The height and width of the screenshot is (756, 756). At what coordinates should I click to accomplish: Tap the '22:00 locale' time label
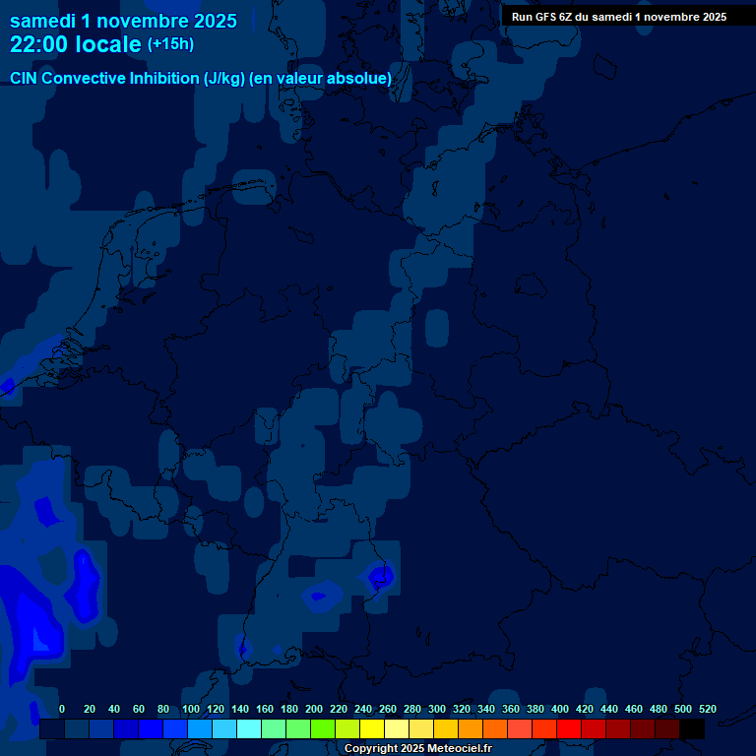pos(76,44)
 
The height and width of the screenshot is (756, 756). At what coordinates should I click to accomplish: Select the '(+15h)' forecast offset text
pos(170,44)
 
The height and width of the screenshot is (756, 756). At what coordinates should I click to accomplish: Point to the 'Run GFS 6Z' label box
pos(619,16)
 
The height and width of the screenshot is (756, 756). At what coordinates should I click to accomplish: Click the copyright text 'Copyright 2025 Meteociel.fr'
pos(417,748)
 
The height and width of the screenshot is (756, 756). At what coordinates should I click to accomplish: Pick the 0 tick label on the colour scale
pos(62,709)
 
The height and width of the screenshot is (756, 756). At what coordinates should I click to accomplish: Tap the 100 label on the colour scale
pos(191,709)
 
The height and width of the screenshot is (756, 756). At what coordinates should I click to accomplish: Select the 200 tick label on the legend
pos(314,709)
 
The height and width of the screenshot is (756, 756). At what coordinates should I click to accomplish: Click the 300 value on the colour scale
pos(437,709)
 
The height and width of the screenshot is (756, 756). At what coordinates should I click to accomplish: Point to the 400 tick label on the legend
pos(560,709)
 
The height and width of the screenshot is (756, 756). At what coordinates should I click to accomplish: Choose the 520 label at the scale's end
pos(707,709)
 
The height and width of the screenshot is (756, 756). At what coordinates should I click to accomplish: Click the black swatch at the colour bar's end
pos(692,729)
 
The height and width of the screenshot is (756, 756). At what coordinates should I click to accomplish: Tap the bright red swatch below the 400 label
pos(569,729)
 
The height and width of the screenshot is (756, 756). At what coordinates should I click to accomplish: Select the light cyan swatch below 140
pos(249,729)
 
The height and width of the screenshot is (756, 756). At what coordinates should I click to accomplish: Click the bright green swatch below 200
pos(323,729)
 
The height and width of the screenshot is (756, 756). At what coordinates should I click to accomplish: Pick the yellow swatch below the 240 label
pos(372,729)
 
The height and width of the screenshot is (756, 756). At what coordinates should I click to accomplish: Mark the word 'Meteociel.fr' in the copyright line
pos(460,748)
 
